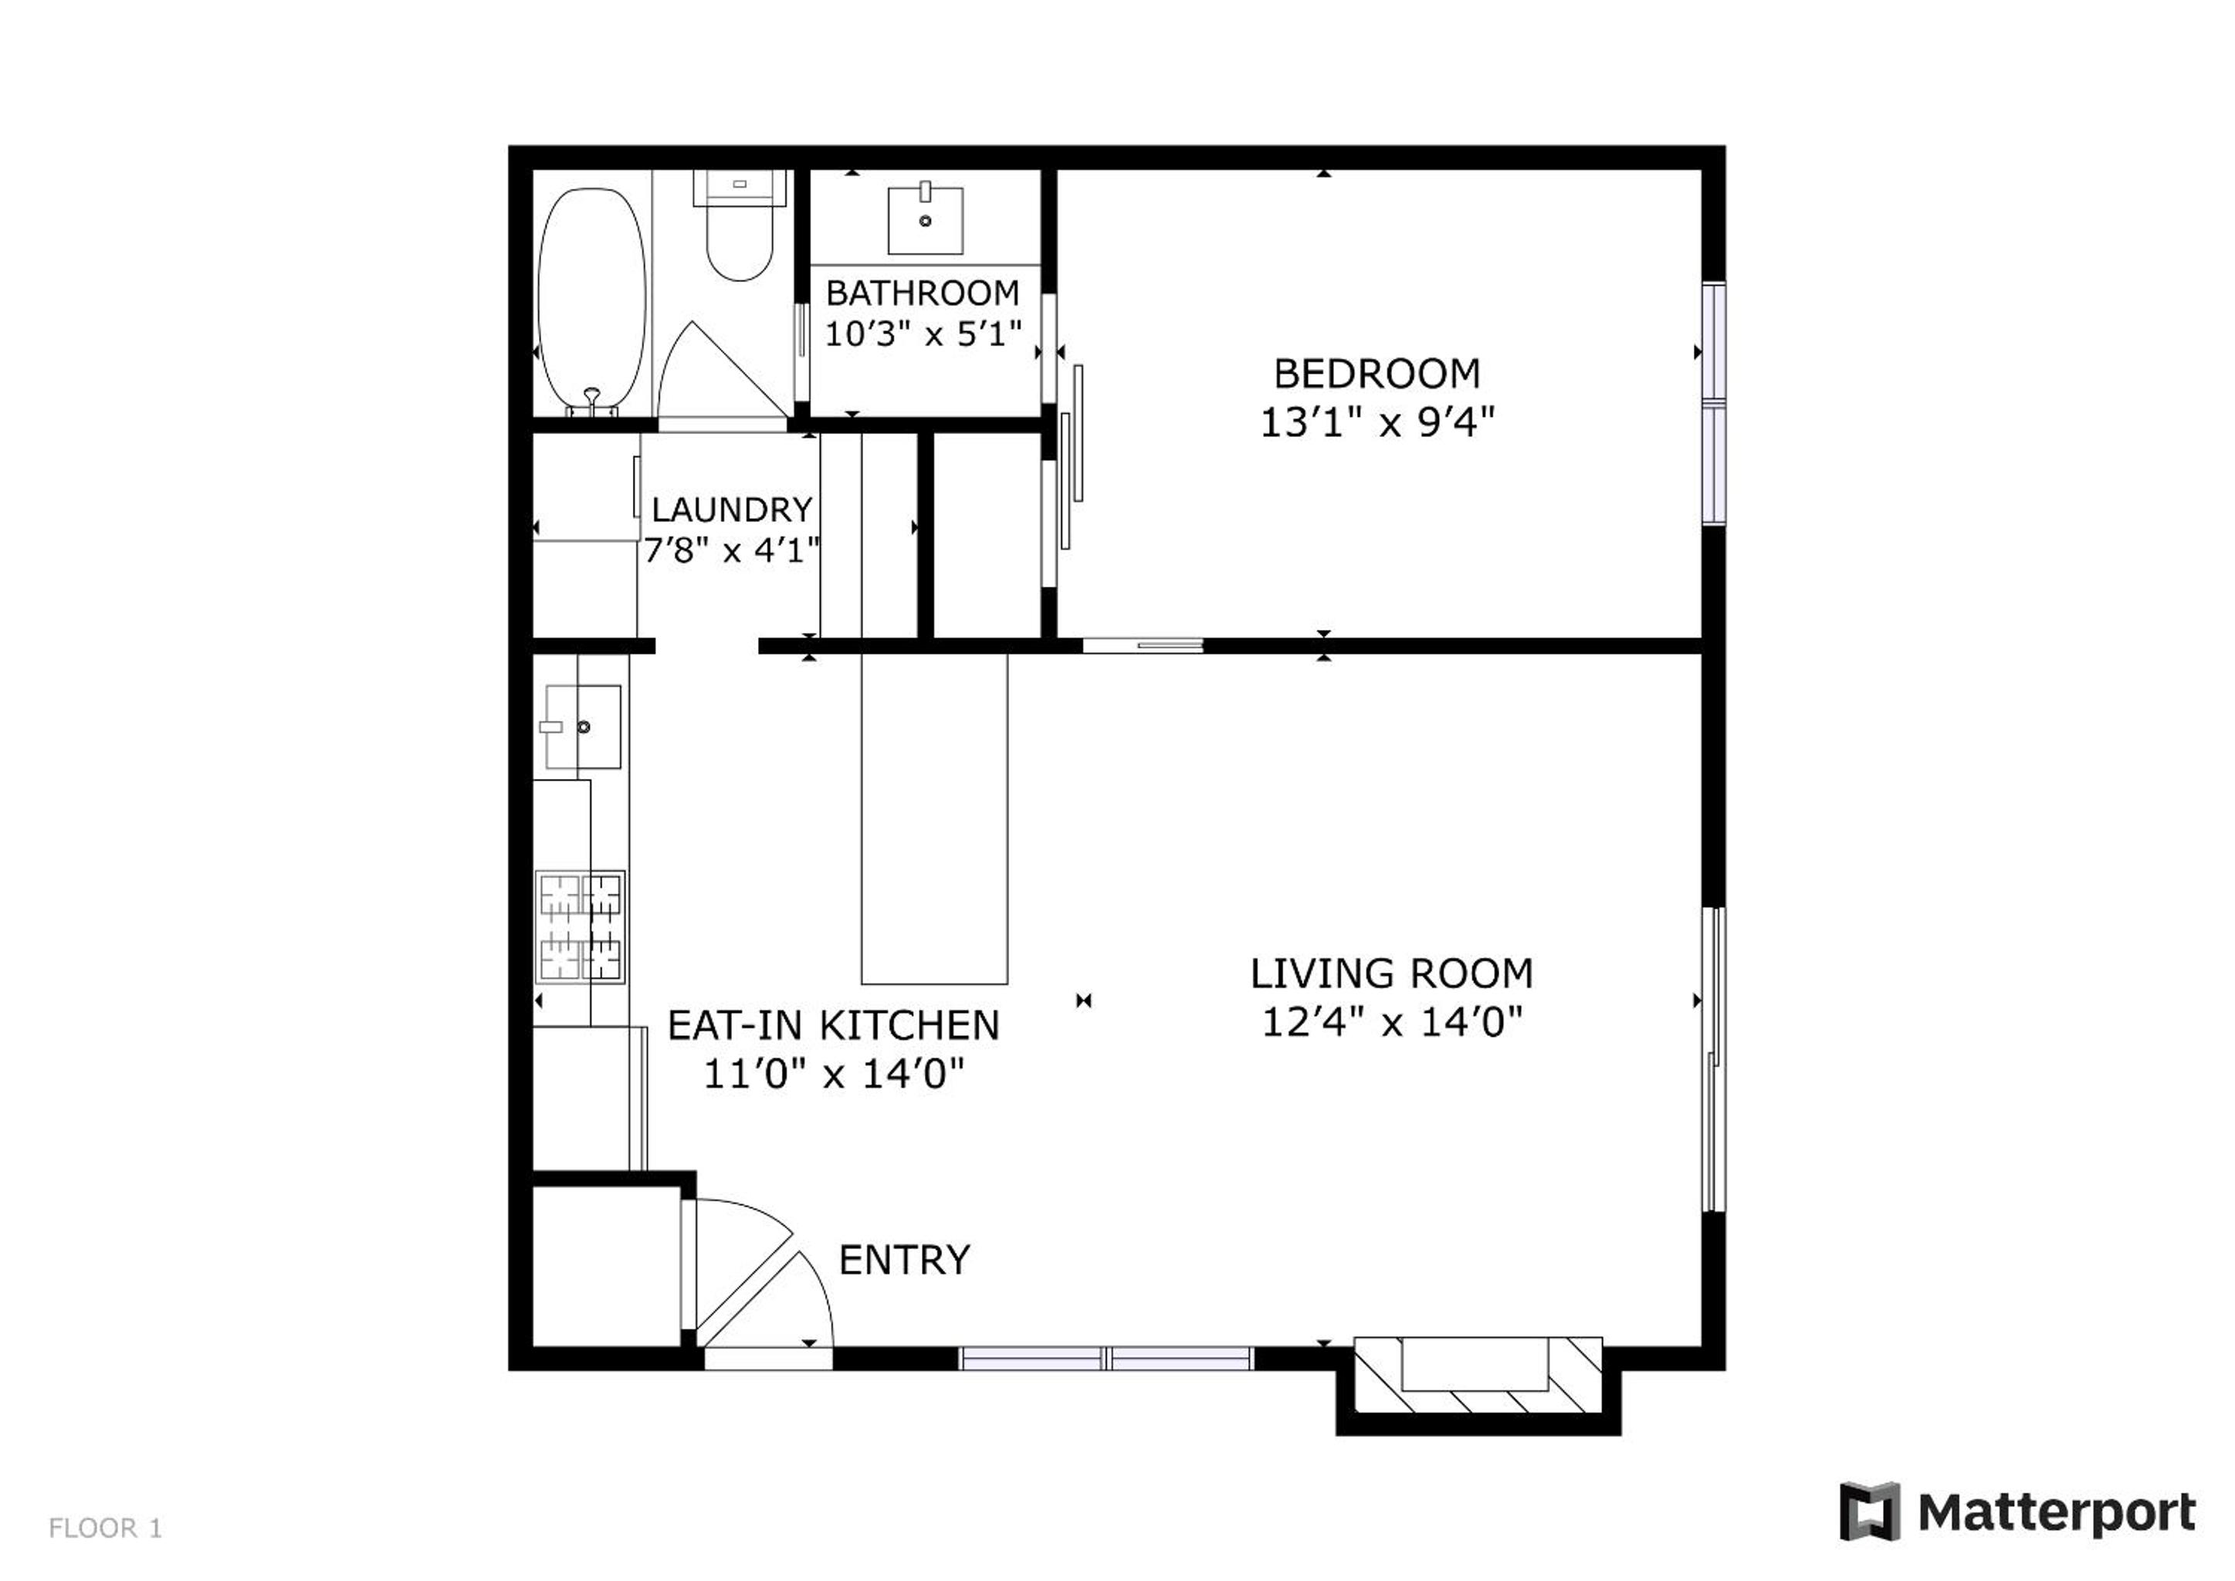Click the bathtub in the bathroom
592,302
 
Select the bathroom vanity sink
925,221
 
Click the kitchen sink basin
582,726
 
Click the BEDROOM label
1377,374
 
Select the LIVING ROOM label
1392,973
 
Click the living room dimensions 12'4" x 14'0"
1392,1023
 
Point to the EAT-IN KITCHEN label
833,1025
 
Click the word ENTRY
904,1261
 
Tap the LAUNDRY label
732,510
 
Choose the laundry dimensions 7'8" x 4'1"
732,551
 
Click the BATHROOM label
923,293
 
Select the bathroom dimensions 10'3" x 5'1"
923,335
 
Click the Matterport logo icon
1869,1512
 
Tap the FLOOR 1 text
105,1529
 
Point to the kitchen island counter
933,818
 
